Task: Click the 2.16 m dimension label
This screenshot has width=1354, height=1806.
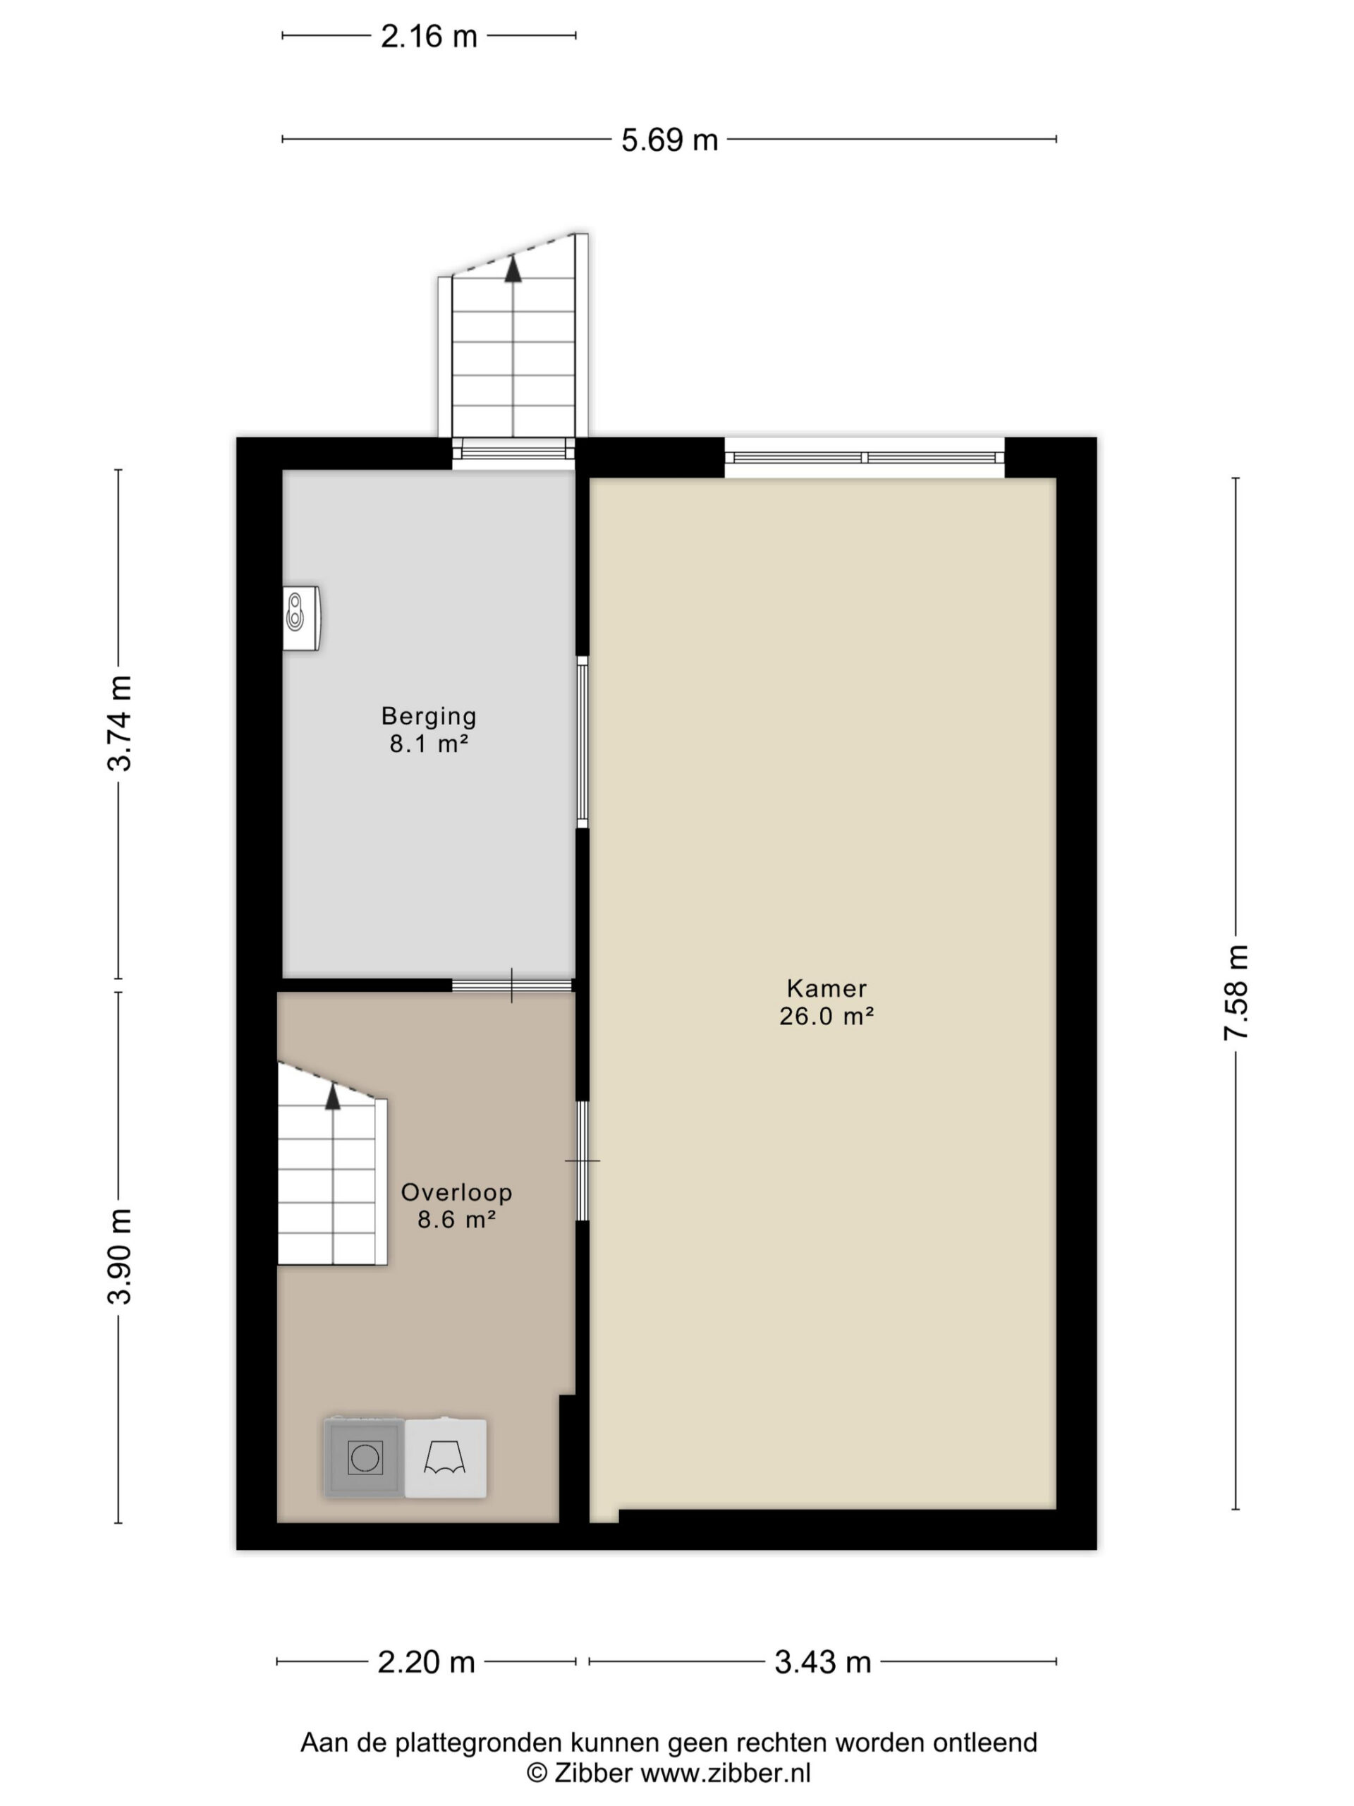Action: click(x=429, y=37)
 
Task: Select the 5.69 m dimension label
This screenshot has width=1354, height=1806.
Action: click(x=669, y=140)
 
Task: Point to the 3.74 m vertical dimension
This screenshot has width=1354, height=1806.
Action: click(x=119, y=723)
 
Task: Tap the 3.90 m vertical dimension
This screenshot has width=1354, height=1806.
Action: click(x=119, y=1256)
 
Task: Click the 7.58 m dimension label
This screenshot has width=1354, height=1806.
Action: click(x=1236, y=992)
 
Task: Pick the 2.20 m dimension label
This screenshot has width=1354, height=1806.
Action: click(x=426, y=1661)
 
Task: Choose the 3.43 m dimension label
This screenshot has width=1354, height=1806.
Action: click(x=823, y=1661)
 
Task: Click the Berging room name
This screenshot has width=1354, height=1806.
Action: click(x=429, y=716)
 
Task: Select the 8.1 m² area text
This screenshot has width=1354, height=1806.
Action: click(x=429, y=744)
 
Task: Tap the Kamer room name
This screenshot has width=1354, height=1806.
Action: click(x=827, y=988)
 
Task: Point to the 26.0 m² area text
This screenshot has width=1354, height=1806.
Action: click(x=827, y=1016)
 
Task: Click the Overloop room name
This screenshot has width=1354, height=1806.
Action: click(x=456, y=1192)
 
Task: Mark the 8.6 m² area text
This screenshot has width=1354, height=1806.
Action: click(x=457, y=1220)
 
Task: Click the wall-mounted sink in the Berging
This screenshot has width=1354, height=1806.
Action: click(x=301, y=618)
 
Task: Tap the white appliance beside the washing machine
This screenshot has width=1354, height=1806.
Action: click(x=446, y=1457)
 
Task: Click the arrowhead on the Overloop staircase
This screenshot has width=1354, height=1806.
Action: click(x=332, y=1097)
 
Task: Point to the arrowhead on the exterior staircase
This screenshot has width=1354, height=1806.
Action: click(x=513, y=269)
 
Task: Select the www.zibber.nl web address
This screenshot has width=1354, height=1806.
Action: click(x=726, y=1773)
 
